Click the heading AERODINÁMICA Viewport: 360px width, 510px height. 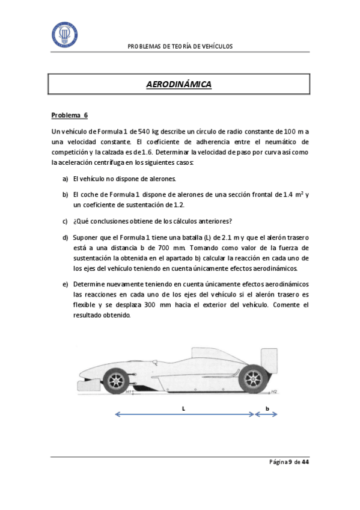tap(178, 85)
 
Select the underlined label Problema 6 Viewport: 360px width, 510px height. tap(69, 115)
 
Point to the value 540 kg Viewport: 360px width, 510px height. tap(148, 131)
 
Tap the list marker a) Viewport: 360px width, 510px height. tap(66, 179)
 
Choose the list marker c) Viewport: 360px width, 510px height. tap(66, 220)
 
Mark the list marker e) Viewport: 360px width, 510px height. tap(66, 283)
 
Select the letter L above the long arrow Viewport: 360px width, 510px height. tap(183, 407)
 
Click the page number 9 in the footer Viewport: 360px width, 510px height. tap(290, 462)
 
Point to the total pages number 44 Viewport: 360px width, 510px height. tap(305, 462)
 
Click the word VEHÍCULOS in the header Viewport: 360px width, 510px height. tap(215, 46)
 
